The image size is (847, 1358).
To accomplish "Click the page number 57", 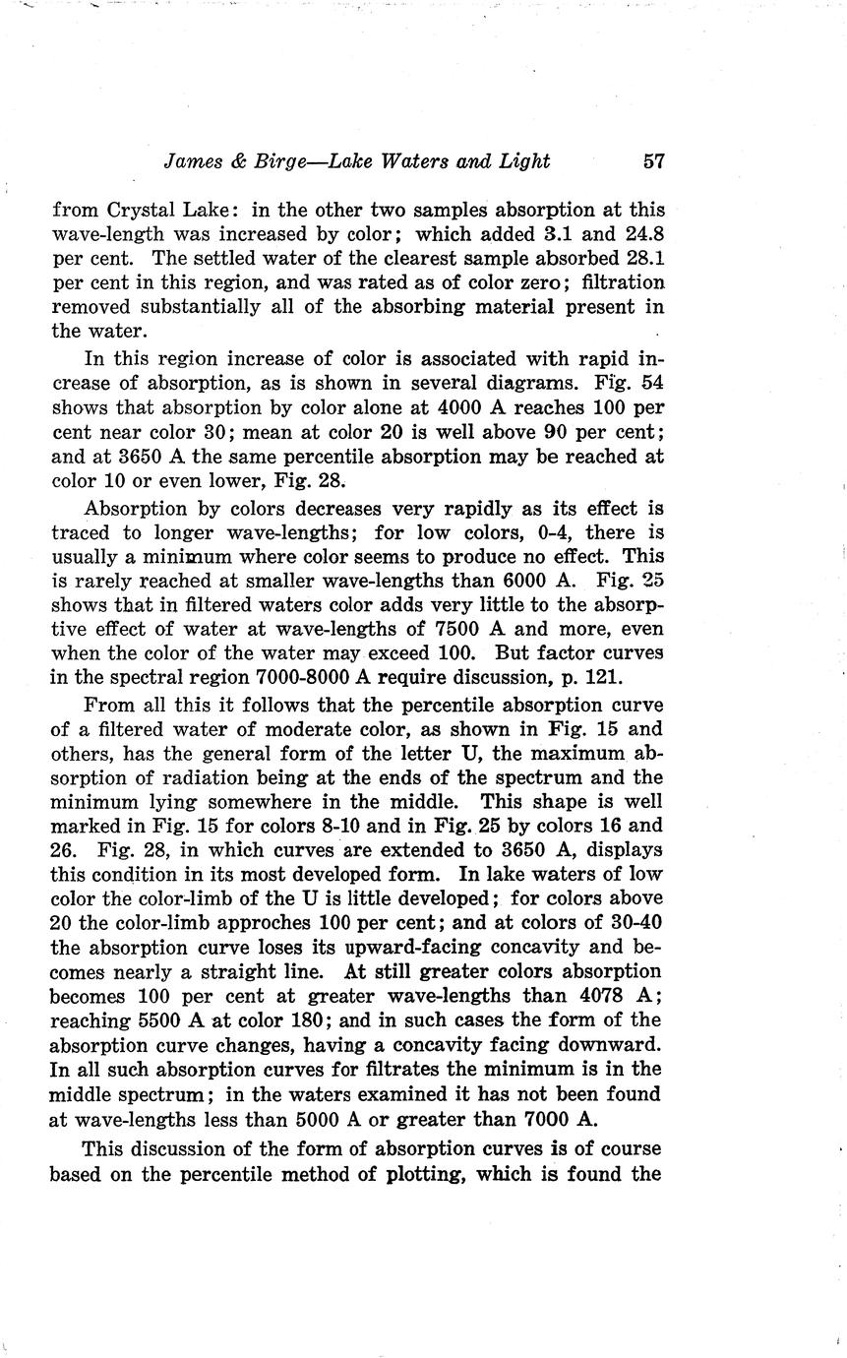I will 652,161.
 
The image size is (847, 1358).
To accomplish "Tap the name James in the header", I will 193,161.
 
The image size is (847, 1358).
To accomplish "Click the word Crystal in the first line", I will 131,210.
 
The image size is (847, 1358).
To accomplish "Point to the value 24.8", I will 642,234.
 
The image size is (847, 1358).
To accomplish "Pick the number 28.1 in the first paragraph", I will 642,258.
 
